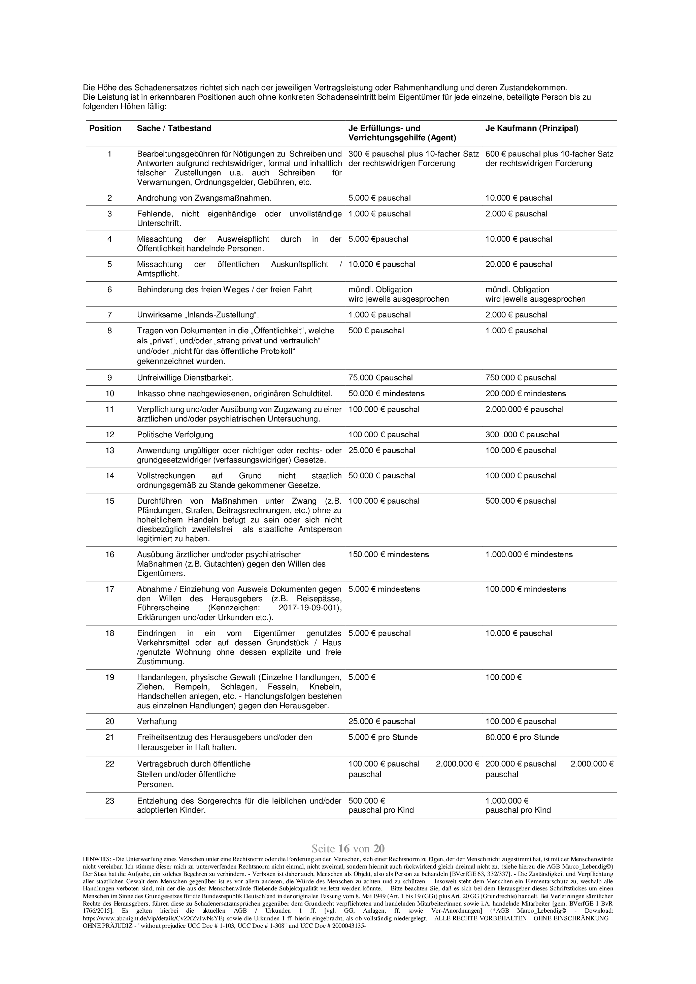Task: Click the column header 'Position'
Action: pyautogui.click(x=105, y=128)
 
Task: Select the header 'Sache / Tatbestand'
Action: pyautogui.click(x=174, y=128)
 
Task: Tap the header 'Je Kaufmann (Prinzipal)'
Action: pyautogui.click(x=531, y=128)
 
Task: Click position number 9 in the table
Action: pyautogui.click(x=110, y=378)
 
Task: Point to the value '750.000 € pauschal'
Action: pyautogui.click(x=521, y=378)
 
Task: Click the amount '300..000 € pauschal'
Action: pyautogui.click(x=522, y=435)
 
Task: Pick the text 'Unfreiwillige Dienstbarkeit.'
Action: pyautogui.click(x=185, y=378)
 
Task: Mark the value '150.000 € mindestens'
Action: pyautogui.click(x=388, y=554)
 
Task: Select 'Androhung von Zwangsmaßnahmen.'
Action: pyautogui.click(x=204, y=198)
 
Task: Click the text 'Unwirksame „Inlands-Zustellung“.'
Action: pyautogui.click(x=198, y=314)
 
